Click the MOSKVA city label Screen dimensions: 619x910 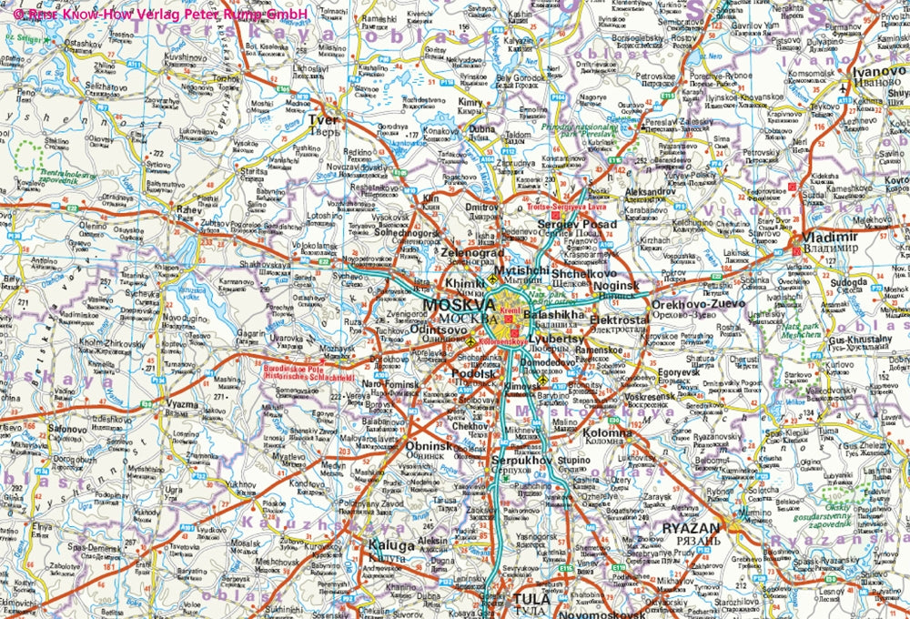point(460,305)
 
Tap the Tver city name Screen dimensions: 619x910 point(324,120)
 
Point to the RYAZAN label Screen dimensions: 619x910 point(691,527)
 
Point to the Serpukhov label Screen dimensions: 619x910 point(521,462)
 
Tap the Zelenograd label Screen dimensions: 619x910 point(472,254)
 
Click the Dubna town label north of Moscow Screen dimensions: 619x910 point(482,129)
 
